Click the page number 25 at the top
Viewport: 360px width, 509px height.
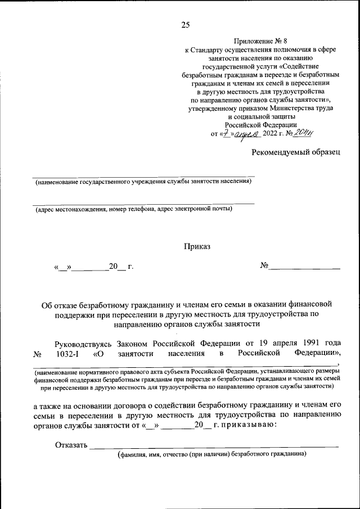pos(186,24)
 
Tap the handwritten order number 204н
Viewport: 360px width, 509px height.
pos(302,133)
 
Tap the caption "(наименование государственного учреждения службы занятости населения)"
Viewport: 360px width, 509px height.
pos(143,182)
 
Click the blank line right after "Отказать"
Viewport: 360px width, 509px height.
pos(214,447)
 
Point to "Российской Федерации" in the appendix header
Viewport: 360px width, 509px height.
pos(260,125)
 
